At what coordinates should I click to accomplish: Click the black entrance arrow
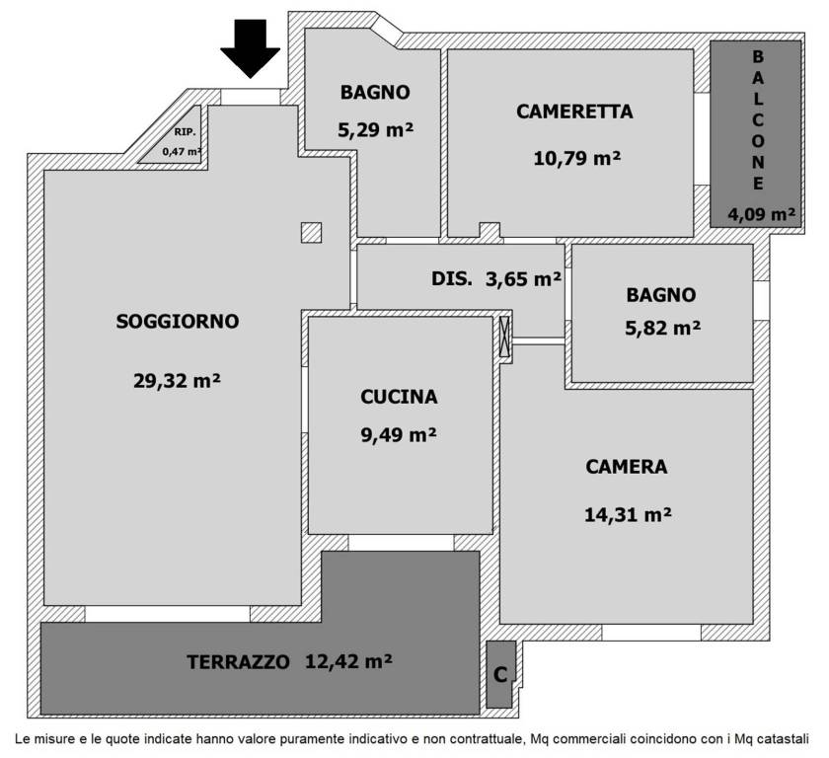coord(251,47)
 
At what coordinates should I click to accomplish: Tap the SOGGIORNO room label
coord(178,321)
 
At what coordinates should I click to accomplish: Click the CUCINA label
coord(399,397)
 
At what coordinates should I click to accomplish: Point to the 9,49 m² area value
coord(399,435)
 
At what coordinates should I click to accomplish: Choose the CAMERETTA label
coord(574,112)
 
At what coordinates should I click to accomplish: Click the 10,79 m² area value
coord(576,158)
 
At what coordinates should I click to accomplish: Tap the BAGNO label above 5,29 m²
coord(375,93)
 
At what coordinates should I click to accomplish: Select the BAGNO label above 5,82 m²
coord(661,294)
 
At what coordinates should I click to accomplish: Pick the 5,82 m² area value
coord(662,330)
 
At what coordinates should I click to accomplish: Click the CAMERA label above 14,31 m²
coord(627,467)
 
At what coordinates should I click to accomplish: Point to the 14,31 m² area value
coord(629,513)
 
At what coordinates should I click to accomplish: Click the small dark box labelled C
coord(500,675)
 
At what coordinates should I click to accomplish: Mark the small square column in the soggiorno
coord(311,232)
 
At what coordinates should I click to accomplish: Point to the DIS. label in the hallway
coord(452,279)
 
